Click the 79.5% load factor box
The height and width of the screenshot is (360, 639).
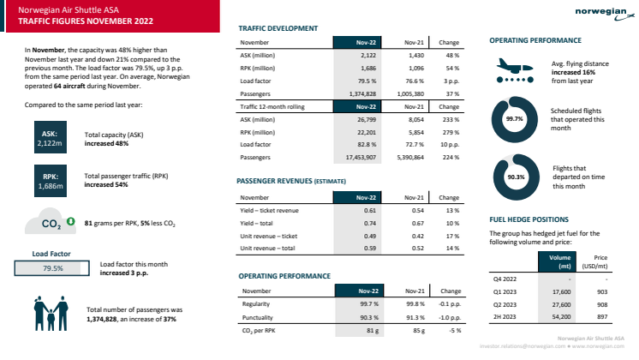pyautogui.click(x=53, y=267)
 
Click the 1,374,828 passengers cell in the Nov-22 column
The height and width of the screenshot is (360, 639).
pyautogui.click(x=355, y=93)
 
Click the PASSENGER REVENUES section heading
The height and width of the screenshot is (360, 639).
pyautogui.click(x=291, y=183)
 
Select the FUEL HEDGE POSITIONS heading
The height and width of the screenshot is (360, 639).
pyautogui.click(x=529, y=218)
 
